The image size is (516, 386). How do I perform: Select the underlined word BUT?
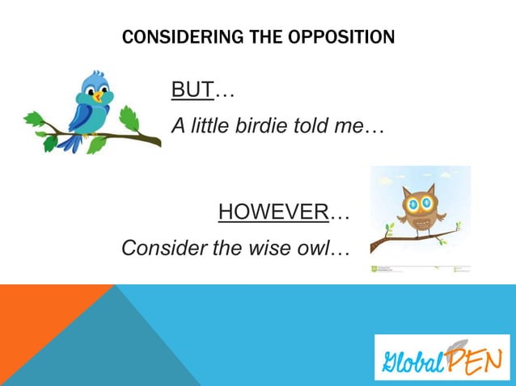click(191, 90)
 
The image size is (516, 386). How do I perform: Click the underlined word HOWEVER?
click(273, 213)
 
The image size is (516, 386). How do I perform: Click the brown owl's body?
click(421, 222)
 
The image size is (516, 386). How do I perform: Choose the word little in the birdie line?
click(205, 127)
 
